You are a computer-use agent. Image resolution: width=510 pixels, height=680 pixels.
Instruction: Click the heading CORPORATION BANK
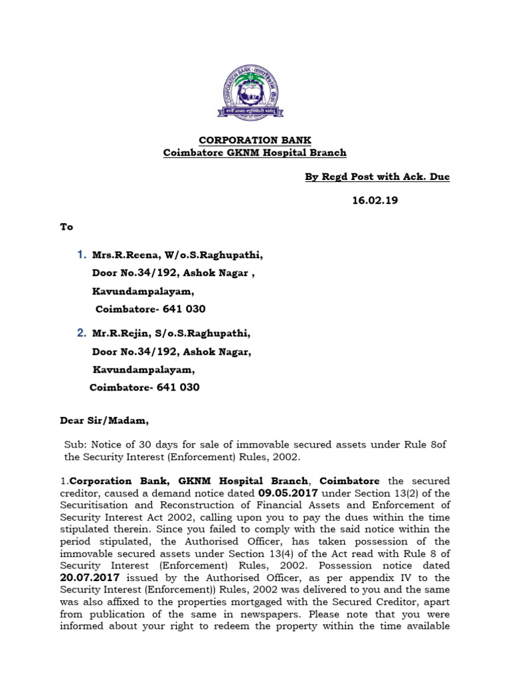pyautogui.click(x=255, y=140)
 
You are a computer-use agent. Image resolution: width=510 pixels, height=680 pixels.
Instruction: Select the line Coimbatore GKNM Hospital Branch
pyautogui.click(x=255, y=153)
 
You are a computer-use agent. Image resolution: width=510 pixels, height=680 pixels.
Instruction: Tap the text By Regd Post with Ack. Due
pyautogui.click(x=377, y=177)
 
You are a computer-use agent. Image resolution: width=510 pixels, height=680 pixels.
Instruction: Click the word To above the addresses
pyautogui.click(x=66, y=227)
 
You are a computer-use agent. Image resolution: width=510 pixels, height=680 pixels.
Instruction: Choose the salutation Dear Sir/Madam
pyautogui.click(x=105, y=420)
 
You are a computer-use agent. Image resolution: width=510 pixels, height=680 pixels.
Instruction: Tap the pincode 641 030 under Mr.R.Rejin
pyautogui.click(x=177, y=387)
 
